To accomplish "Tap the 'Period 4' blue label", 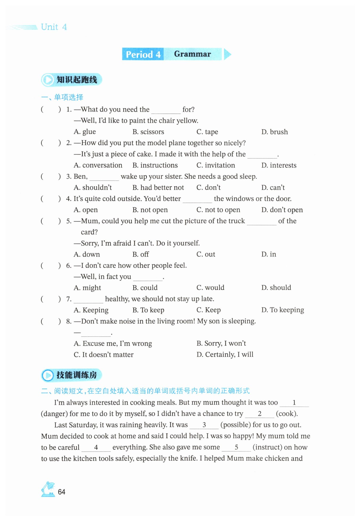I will [x=143, y=54].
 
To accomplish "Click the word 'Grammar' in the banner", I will [x=192, y=54].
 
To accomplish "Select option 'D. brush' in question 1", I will [x=274, y=132].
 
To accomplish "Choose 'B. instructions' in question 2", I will [x=155, y=165].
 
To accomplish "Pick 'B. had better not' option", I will [x=158, y=188].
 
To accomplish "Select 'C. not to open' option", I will [x=218, y=210].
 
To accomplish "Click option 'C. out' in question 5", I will [x=206, y=254].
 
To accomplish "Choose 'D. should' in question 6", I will [x=276, y=288].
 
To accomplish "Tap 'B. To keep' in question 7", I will [x=148, y=310].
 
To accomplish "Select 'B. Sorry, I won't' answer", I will [x=221, y=343].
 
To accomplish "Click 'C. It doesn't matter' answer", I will [x=103, y=355].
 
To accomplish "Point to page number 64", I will [x=62, y=492].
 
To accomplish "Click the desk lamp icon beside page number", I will [x=48, y=489].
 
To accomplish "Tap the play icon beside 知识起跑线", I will [x=48, y=80].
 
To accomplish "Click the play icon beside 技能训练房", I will [x=48, y=375].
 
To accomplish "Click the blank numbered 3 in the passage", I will [x=204, y=425].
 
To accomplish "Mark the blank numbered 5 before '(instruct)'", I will [x=236, y=447].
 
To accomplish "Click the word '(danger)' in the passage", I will [x=54, y=414].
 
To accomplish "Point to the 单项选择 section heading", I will [x=69, y=97].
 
